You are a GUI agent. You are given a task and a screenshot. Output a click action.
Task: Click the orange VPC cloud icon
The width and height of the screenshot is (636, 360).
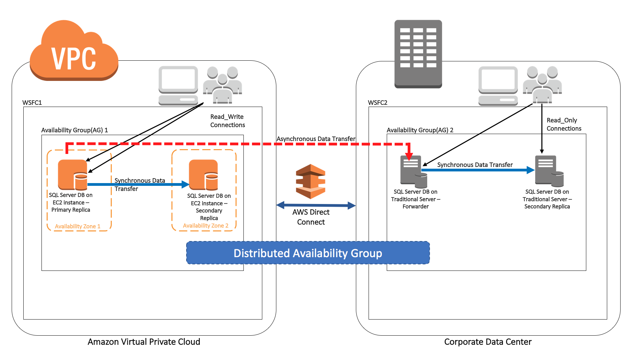(x=74, y=51)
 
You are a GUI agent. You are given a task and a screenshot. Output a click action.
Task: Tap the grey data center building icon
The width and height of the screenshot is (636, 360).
(x=418, y=54)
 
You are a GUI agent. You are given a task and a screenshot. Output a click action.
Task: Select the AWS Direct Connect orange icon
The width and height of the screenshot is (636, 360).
(x=310, y=181)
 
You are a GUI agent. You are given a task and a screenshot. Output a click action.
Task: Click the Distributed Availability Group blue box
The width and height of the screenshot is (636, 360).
(x=308, y=253)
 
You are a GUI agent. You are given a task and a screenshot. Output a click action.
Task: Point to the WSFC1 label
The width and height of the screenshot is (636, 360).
(x=32, y=103)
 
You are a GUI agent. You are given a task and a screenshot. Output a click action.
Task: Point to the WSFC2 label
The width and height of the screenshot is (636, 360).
(x=377, y=103)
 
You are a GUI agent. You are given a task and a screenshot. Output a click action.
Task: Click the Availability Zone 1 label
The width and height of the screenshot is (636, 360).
(x=77, y=226)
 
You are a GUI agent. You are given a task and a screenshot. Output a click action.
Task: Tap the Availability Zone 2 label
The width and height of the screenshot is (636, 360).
(x=205, y=226)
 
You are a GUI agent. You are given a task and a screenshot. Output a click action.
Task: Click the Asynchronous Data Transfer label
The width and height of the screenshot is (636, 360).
(x=316, y=139)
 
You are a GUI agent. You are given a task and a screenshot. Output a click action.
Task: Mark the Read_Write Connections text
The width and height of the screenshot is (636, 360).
(x=227, y=121)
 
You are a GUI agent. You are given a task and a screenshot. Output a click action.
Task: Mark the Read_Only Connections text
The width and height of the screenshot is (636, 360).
(x=564, y=124)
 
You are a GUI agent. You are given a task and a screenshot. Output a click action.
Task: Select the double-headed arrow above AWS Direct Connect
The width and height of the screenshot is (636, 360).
(x=316, y=205)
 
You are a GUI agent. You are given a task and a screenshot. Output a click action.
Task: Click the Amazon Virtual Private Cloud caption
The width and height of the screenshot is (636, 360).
(x=144, y=342)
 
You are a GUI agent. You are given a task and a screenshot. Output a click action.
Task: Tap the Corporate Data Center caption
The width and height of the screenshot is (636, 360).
(x=488, y=342)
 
